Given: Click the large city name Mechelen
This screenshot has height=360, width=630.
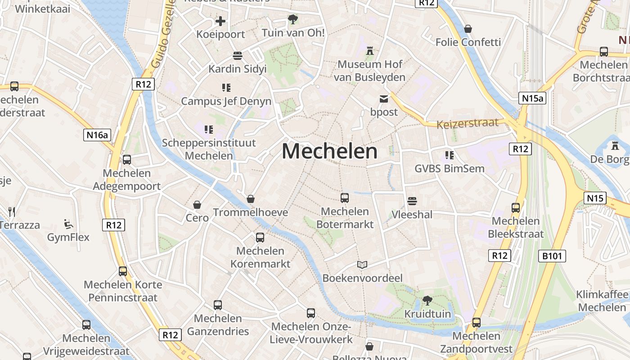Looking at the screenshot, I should click(329, 151).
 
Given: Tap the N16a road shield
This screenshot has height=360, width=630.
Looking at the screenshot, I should click(97, 135).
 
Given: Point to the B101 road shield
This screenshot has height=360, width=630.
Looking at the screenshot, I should click(552, 256).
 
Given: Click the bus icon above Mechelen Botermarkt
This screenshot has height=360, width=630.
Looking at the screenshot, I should click(345, 198).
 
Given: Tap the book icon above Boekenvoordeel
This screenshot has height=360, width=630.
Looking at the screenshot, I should click(362, 265).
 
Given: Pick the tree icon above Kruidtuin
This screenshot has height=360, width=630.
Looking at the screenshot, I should click(427, 300).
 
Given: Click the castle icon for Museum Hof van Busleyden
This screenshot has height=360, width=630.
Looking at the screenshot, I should click(370, 50).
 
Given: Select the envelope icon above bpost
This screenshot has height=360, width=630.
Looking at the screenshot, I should click(384, 99).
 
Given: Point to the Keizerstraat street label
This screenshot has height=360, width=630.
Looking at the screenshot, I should click(468, 123).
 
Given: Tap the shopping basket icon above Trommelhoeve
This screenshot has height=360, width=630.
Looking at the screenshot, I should click(251, 199).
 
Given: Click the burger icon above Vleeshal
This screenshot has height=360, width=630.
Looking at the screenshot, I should click(412, 201).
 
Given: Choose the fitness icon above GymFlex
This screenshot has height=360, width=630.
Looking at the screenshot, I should click(68, 224).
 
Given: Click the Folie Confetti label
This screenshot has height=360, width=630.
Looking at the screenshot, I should click(468, 42).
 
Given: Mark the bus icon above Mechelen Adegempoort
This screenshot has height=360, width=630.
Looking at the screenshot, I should click(127, 159).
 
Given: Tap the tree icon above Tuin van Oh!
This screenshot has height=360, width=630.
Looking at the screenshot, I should click(293, 19).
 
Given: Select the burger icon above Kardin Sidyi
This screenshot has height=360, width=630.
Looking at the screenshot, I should click(237, 55).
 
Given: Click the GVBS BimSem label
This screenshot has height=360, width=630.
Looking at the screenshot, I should click(450, 169).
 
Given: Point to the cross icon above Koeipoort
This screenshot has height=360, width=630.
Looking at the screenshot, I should click(220, 21).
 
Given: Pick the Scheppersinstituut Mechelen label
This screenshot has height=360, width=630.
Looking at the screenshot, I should click(209, 149).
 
